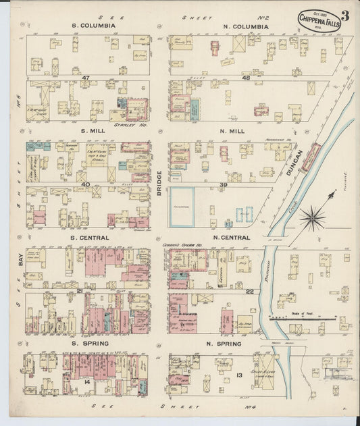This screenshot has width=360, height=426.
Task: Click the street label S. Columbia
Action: coord(94,26)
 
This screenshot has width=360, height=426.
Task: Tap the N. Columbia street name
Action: coord(245,27)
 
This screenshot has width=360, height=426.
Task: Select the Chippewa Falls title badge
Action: coord(319,20)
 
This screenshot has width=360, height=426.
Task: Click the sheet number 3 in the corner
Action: coord(344,16)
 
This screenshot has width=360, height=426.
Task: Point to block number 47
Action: coord(86,78)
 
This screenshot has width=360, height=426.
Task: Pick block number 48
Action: coord(245,78)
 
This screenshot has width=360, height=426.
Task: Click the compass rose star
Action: coord(312,217)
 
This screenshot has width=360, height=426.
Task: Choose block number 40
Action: coord(86,184)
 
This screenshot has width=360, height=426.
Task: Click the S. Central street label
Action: coord(94,238)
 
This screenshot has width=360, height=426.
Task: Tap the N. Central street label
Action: coord(232,238)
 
